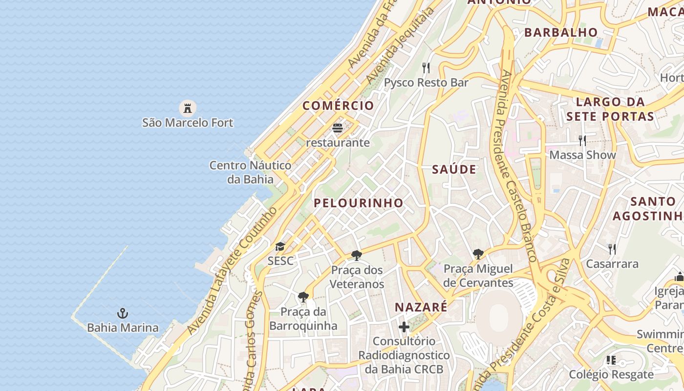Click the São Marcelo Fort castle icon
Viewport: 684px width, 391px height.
click(x=187, y=108)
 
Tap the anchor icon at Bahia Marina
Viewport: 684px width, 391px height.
click(x=123, y=313)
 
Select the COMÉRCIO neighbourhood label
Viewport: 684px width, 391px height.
click(x=338, y=106)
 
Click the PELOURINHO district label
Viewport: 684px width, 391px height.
click(x=359, y=203)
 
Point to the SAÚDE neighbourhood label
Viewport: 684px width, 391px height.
click(x=454, y=170)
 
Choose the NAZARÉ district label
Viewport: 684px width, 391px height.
click(x=421, y=307)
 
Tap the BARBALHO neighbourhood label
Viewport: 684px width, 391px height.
click(x=561, y=33)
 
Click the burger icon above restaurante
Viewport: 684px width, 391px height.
click(x=338, y=129)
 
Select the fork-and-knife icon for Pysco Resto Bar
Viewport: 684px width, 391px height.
click(x=426, y=68)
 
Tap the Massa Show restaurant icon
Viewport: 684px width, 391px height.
click(x=582, y=141)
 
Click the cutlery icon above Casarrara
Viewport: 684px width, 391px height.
click(x=612, y=249)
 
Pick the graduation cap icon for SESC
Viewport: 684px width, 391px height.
click(x=280, y=247)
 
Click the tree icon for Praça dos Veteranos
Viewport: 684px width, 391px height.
click(x=357, y=255)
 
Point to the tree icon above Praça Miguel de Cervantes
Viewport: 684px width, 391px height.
click(x=478, y=254)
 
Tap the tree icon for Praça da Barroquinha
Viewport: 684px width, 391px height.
click(x=303, y=297)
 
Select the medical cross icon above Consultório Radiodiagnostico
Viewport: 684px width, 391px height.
click(x=404, y=326)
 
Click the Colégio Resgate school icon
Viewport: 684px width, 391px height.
click(x=611, y=360)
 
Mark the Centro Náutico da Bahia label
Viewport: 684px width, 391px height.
click(x=250, y=172)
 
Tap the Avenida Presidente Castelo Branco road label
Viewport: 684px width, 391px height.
click(x=518, y=166)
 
